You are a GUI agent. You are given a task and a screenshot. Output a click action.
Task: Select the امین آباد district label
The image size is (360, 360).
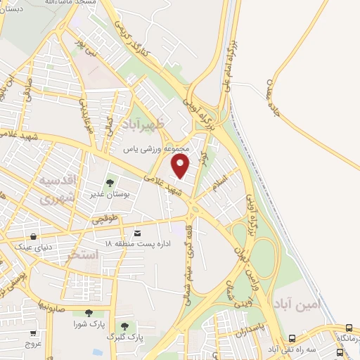pyautogui.click(x=297, y=305)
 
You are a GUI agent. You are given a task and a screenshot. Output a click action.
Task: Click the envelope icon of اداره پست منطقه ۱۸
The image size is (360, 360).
pyautogui.click(x=136, y=233)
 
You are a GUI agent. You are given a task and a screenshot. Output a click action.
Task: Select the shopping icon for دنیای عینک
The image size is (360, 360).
pyautogui.click(x=34, y=236)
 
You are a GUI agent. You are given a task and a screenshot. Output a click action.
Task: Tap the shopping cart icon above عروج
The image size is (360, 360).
pyautogui.click(x=32, y=333)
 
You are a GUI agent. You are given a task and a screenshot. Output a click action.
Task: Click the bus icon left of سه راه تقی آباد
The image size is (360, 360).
pyautogui.click(x=292, y=337)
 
